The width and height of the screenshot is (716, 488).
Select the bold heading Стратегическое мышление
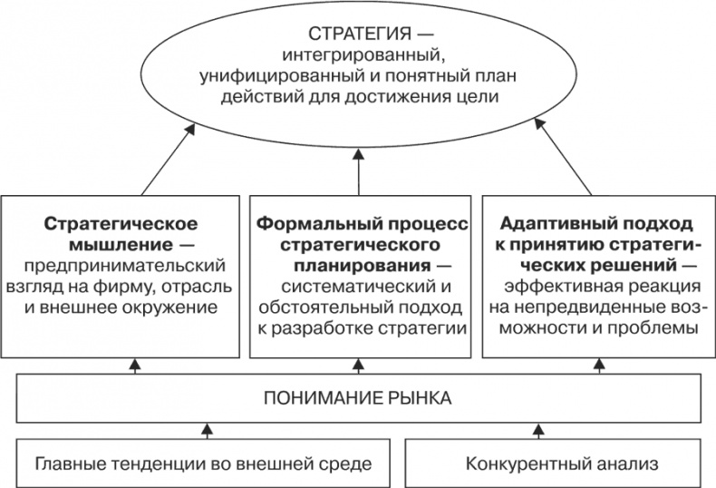click(x=121, y=234)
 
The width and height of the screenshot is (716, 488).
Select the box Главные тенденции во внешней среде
click(x=203, y=464)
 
